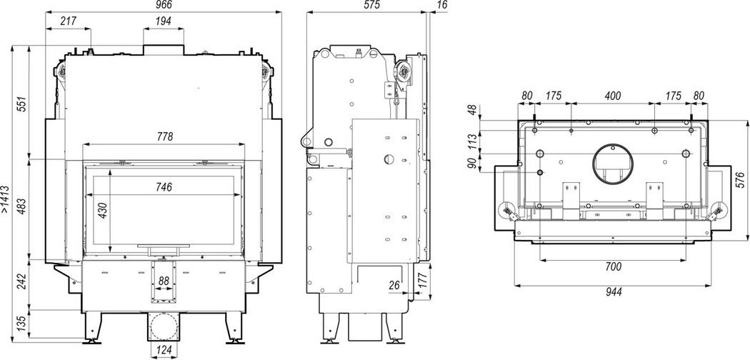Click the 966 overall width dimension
163,5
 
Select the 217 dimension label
69,21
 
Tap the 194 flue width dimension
163,21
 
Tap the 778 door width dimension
164,137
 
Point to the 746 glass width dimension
164,187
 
